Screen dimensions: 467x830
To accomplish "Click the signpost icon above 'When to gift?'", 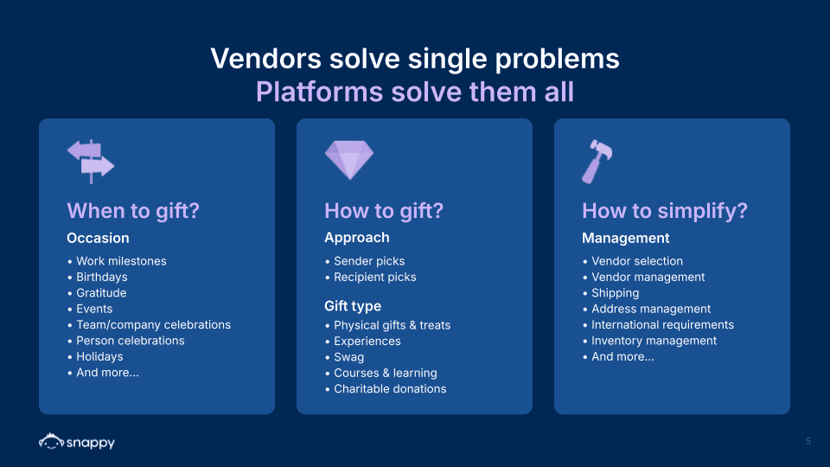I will click(91, 161).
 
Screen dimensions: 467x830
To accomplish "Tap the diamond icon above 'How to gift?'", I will click(348, 160).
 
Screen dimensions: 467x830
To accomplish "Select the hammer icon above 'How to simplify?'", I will click(597, 161).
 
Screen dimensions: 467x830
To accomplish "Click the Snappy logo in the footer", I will click(77, 442).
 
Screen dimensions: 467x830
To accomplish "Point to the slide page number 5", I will click(808, 441).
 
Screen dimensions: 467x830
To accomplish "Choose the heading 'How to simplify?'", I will click(665, 211).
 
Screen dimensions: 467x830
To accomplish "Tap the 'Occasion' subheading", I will click(98, 238).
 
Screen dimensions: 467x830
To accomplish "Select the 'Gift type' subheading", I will click(353, 306).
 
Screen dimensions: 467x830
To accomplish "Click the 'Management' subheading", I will click(626, 238).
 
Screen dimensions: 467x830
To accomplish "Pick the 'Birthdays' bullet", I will click(101, 277).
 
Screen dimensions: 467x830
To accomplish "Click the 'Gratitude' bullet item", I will click(101, 293).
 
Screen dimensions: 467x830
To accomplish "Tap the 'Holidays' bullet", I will click(99, 356).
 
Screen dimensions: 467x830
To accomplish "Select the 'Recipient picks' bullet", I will click(374, 277).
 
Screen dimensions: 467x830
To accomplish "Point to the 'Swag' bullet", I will click(348, 357).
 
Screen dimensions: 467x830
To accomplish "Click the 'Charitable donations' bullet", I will click(390, 389).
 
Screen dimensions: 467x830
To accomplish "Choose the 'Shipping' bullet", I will click(615, 293).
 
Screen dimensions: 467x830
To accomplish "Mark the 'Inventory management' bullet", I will click(654, 341).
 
